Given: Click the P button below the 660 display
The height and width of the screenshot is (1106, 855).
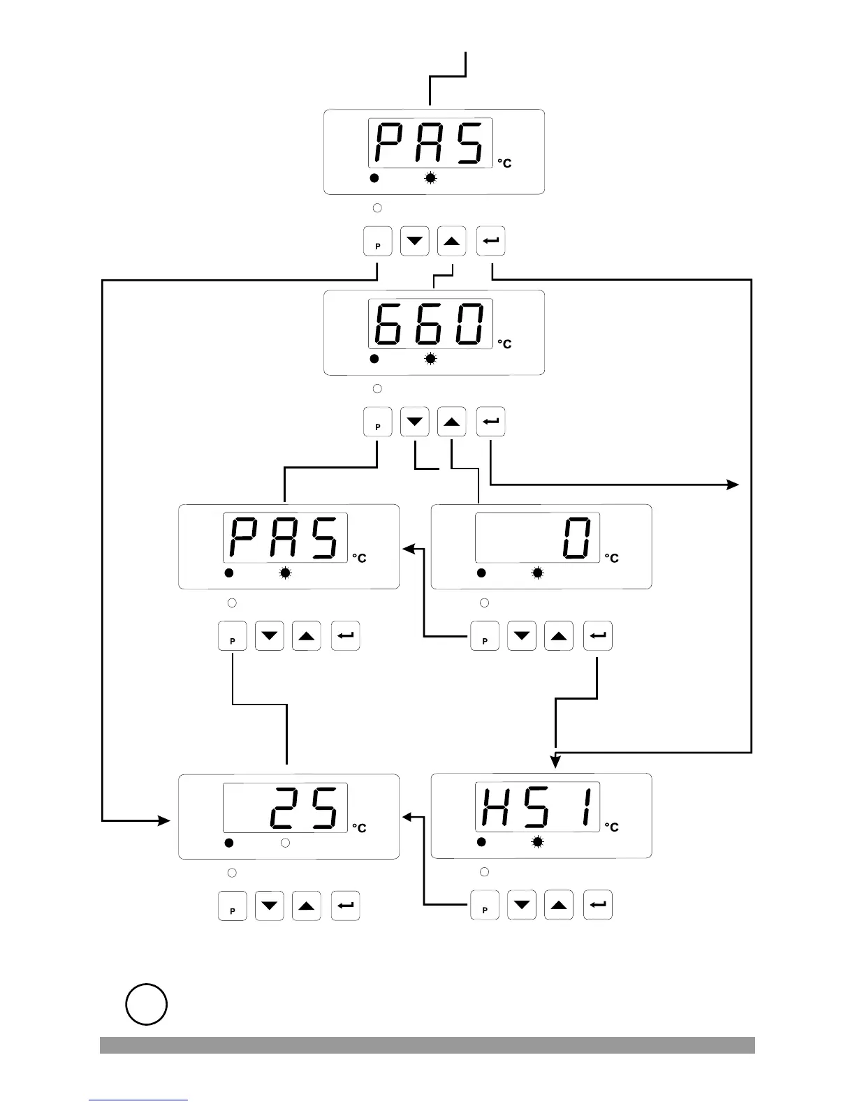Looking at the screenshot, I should [378, 423].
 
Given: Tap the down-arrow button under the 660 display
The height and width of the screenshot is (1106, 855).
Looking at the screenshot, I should [415, 422].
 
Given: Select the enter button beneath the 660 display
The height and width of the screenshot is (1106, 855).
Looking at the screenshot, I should [491, 422].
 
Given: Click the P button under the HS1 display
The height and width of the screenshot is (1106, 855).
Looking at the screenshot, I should [485, 906].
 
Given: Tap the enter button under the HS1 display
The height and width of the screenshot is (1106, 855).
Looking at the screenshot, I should [598, 906].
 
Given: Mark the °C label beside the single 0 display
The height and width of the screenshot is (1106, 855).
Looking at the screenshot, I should [611, 559].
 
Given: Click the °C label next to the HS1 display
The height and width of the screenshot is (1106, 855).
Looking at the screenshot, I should [611, 827].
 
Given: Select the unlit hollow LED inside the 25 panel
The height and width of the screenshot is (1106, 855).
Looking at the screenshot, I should [285, 843].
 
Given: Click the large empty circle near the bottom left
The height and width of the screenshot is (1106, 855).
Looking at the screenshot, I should [147, 1005].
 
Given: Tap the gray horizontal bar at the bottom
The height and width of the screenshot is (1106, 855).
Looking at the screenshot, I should [427, 1045].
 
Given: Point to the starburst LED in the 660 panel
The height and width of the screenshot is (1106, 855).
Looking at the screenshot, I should [431, 359].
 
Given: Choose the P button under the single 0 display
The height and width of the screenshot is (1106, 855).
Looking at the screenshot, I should [485, 636].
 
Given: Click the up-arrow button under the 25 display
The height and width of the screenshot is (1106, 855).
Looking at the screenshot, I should [306, 906].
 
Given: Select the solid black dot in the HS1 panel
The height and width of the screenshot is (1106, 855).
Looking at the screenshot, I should [481, 843].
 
